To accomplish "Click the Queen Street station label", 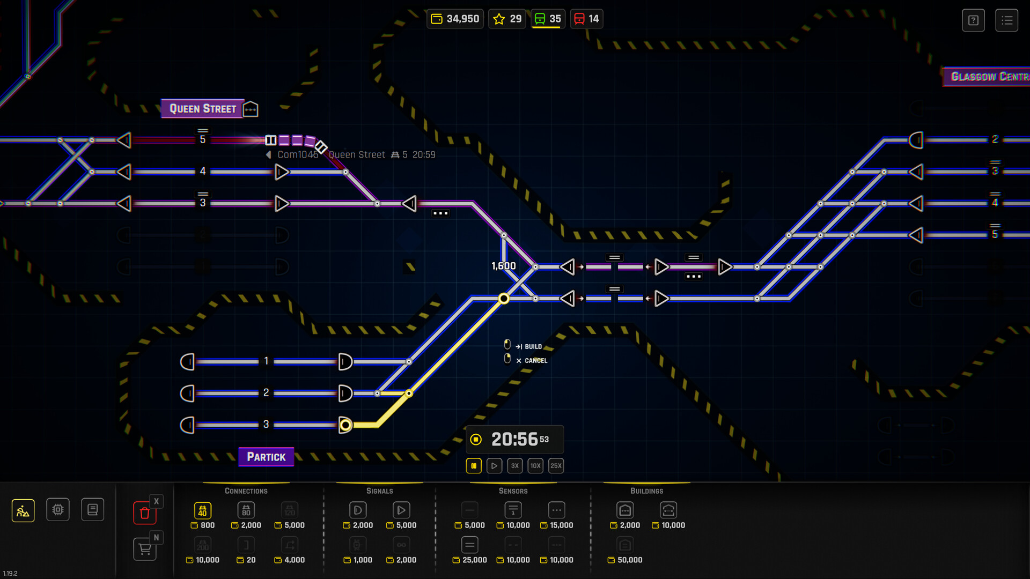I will point(203,109).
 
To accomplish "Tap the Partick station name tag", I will point(266,457).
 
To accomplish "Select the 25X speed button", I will point(556,466).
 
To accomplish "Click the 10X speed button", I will point(535,466).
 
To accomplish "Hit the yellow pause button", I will point(474,466).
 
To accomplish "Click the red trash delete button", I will point(144,513).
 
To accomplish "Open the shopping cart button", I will point(144,549).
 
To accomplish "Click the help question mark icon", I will point(973,20).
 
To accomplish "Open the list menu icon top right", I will point(1006,20).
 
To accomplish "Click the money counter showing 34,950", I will point(455,19).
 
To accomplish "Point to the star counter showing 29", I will point(507,19).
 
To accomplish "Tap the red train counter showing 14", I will point(586,19).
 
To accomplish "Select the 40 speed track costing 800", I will point(202,510).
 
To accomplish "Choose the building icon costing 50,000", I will point(625,545).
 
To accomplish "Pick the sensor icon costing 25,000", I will point(469,545).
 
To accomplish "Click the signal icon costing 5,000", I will point(401,510).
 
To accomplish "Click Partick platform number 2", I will point(266,393).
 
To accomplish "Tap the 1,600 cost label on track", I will point(503,266).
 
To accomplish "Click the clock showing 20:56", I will point(514,440).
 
